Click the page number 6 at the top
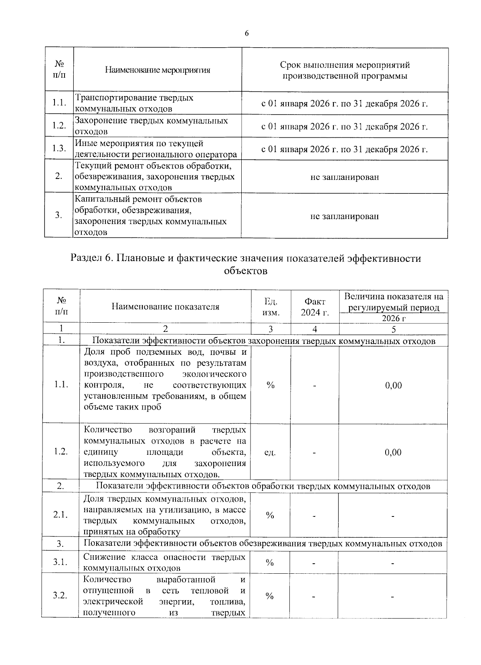[x=247, y=34]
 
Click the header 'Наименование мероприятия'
[x=158, y=70]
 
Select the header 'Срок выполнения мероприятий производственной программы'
[x=345, y=70]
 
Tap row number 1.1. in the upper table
[x=59, y=103]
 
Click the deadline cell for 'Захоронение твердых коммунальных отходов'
[x=345, y=127]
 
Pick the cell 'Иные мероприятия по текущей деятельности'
[x=156, y=149]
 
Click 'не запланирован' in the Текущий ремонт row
[x=345, y=177]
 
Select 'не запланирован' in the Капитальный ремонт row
[x=345, y=216]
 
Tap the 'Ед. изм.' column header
[x=271, y=307]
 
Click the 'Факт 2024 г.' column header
[x=315, y=307]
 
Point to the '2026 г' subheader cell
[x=394, y=318]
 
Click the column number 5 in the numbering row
[x=394, y=329]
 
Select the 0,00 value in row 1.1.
[x=393, y=385]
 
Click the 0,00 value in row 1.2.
[x=393, y=452]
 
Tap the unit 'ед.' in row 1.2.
[x=270, y=452]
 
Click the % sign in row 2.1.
[x=270, y=515]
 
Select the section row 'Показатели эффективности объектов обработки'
[x=263, y=486]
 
